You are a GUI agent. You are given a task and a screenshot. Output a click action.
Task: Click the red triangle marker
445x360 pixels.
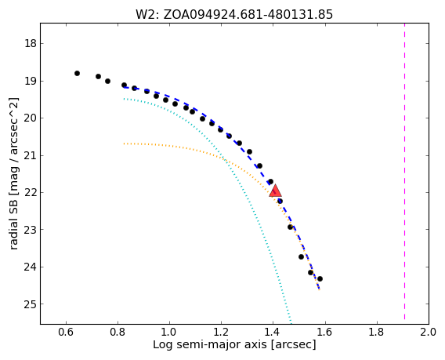click(x=275, y=191)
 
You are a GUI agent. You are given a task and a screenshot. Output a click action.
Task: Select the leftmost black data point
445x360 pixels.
click(x=77, y=73)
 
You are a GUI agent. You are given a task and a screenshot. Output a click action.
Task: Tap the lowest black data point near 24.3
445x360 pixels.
click(x=320, y=278)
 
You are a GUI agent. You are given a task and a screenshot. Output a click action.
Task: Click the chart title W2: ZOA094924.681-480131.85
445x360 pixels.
click(x=234, y=14)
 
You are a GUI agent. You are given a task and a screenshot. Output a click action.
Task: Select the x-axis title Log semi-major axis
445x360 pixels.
click(x=234, y=344)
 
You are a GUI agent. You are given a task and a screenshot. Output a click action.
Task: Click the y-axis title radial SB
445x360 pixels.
click(x=13, y=173)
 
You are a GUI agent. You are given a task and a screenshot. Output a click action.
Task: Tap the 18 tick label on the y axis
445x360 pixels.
click(x=30, y=44)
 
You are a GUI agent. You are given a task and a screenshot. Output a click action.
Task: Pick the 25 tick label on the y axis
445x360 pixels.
click(x=30, y=304)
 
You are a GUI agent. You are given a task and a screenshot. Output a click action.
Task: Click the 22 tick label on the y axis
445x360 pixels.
click(x=30, y=193)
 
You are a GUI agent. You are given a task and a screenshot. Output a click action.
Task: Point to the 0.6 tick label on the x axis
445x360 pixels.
click(x=66, y=332)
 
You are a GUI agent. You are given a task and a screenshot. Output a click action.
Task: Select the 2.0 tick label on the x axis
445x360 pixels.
click(x=429, y=332)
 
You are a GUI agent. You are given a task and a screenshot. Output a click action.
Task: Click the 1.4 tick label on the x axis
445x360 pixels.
click(x=273, y=332)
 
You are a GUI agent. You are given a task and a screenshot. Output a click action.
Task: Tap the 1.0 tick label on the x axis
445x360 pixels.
click(x=169, y=332)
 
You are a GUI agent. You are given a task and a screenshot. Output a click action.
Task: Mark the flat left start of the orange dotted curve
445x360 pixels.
click(x=125, y=144)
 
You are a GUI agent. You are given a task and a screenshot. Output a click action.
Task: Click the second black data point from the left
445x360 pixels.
click(x=98, y=76)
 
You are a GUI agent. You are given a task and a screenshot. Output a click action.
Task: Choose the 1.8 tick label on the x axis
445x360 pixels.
click(x=377, y=332)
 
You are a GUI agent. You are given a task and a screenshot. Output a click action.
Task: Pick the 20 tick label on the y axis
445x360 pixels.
click(x=30, y=118)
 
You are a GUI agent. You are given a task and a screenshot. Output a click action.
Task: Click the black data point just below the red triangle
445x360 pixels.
click(x=280, y=201)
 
